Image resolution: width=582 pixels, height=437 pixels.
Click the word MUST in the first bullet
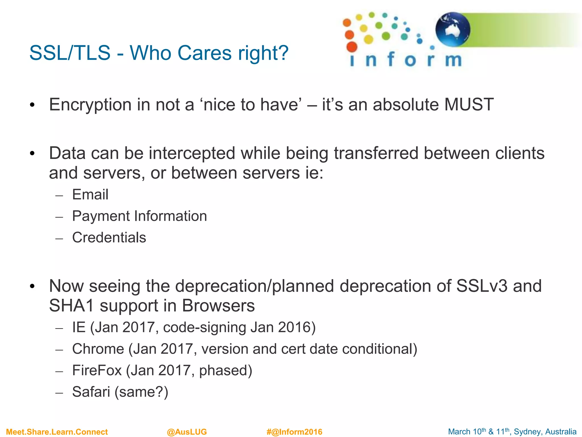(469, 105)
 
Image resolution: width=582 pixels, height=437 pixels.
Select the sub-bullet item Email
(90, 195)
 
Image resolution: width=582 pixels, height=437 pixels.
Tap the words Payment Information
(139, 216)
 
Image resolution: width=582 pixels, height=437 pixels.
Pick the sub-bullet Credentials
(109, 238)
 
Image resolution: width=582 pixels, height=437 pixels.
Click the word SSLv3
(482, 286)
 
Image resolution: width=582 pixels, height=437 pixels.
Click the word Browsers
(218, 306)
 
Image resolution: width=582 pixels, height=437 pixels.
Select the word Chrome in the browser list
(98, 349)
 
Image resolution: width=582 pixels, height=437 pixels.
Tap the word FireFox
(97, 370)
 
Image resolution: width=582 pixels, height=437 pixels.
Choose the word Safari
(91, 392)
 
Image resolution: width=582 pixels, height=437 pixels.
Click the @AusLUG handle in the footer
(187, 432)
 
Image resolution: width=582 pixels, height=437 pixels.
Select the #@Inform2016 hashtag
(294, 432)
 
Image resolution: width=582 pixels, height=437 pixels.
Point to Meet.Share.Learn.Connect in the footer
(57, 432)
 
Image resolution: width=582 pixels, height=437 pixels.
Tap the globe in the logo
(453, 29)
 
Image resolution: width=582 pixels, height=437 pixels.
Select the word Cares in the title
(205, 53)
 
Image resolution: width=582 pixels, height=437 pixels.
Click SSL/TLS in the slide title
(70, 53)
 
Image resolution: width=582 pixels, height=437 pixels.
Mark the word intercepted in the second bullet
(192, 153)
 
